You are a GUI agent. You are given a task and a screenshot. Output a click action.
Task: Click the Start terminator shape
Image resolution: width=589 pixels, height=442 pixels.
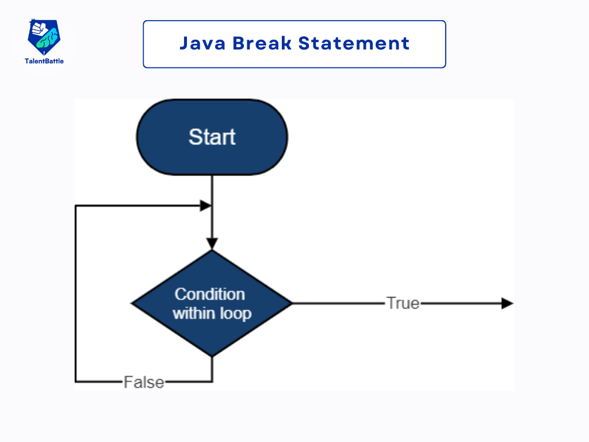(212, 137)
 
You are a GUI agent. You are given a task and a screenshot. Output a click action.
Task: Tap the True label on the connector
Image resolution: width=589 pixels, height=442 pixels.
(403, 303)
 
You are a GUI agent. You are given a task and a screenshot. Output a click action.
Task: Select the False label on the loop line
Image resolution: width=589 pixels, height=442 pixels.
(144, 382)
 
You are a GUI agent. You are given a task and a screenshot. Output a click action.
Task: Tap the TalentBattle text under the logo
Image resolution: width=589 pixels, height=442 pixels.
(44, 61)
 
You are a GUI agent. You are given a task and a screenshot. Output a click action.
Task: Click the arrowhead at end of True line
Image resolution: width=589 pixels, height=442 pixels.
(507, 303)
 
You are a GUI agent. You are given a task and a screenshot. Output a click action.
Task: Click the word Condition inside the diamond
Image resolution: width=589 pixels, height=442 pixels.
(209, 294)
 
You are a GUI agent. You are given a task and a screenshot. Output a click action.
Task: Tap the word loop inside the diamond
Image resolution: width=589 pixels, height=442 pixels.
(236, 314)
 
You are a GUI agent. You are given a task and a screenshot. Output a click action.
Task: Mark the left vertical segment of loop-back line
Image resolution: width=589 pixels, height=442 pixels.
(75, 294)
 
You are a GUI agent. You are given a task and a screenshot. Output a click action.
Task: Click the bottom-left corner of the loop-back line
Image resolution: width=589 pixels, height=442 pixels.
(75, 381)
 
